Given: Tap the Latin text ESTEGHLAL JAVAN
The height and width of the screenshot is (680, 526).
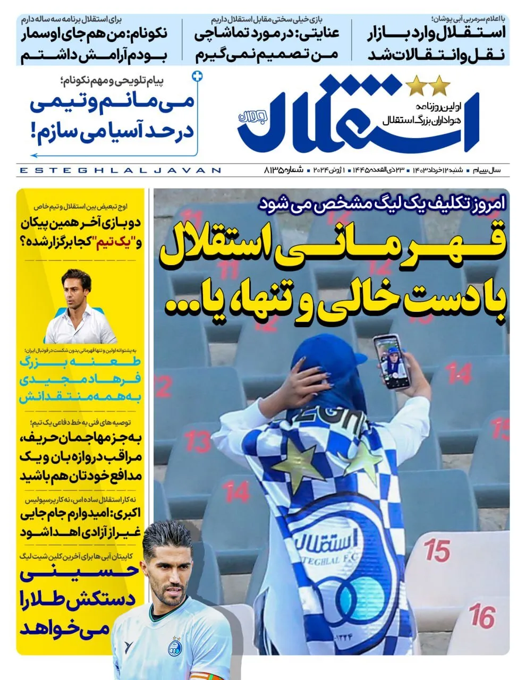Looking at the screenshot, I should pyautogui.click(x=120, y=171).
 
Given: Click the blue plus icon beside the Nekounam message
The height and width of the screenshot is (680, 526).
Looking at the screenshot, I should pyautogui.click(x=198, y=76).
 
